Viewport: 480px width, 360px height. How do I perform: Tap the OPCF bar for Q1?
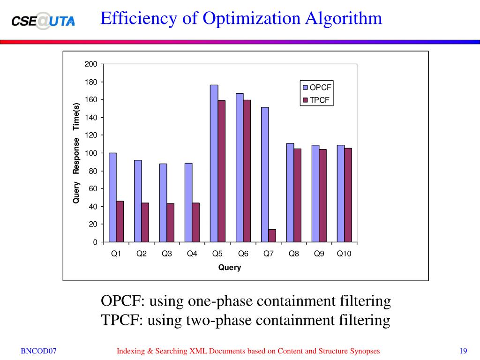tap(112, 197)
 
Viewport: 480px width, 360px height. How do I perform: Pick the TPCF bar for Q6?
tap(247, 171)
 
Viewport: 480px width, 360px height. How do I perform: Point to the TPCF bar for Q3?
tap(171, 223)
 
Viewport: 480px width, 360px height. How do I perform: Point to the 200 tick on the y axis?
tap(91, 64)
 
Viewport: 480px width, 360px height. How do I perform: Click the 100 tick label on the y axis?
tap(91, 153)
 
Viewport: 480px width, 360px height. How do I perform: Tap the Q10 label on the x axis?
tap(344, 254)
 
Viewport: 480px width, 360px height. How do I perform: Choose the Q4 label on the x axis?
tap(192, 254)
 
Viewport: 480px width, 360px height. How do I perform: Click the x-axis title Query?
tap(230, 268)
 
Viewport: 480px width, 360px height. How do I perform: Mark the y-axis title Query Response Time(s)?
tap(76, 153)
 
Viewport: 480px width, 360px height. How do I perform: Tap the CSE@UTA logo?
tap(43, 21)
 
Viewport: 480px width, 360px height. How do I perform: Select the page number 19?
tap(464, 351)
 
